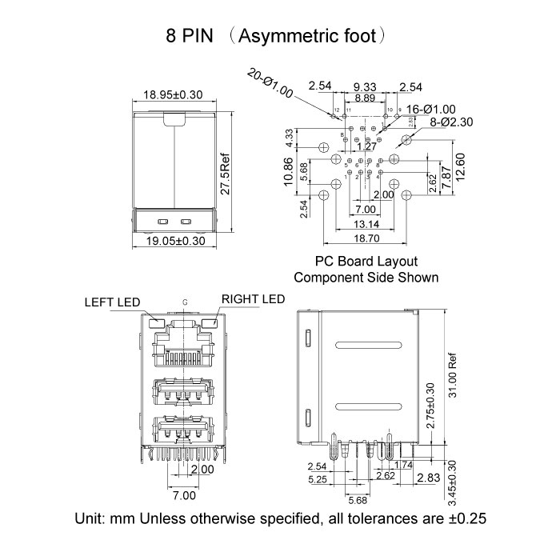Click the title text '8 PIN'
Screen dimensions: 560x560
click(190, 36)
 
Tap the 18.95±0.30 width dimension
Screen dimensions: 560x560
click(173, 94)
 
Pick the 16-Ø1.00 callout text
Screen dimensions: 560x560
click(430, 109)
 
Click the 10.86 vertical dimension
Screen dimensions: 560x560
click(290, 170)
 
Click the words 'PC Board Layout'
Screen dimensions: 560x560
click(366, 262)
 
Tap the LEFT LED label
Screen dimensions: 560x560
click(112, 303)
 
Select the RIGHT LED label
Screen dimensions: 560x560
click(253, 299)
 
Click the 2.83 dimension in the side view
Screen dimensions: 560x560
click(429, 478)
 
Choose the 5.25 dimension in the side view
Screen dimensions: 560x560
click(318, 480)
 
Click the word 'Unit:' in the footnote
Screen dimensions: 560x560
click(91, 518)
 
